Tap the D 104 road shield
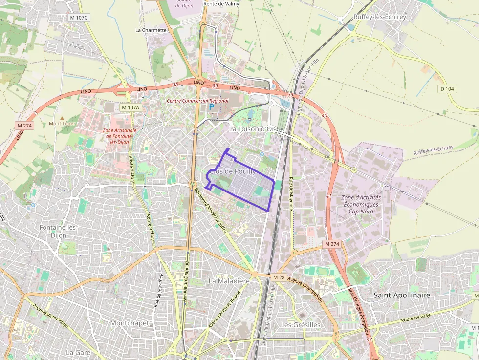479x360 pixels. (447, 89)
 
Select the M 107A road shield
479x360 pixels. (131, 107)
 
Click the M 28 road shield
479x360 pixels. (279, 277)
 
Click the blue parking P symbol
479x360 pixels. (212, 106)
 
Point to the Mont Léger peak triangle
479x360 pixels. (62, 118)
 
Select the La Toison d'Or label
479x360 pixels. (253, 129)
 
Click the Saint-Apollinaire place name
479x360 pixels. (402, 295)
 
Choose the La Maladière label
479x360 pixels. (229, 281)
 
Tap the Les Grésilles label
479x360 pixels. (301, 324)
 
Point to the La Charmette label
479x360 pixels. (151, 30)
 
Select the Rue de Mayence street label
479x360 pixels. (291, 193)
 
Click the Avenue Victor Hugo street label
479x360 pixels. (50, 319)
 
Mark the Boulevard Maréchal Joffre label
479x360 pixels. (210, 211)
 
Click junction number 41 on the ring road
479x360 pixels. (328, 196)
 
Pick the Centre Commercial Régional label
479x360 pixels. (197, 101)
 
